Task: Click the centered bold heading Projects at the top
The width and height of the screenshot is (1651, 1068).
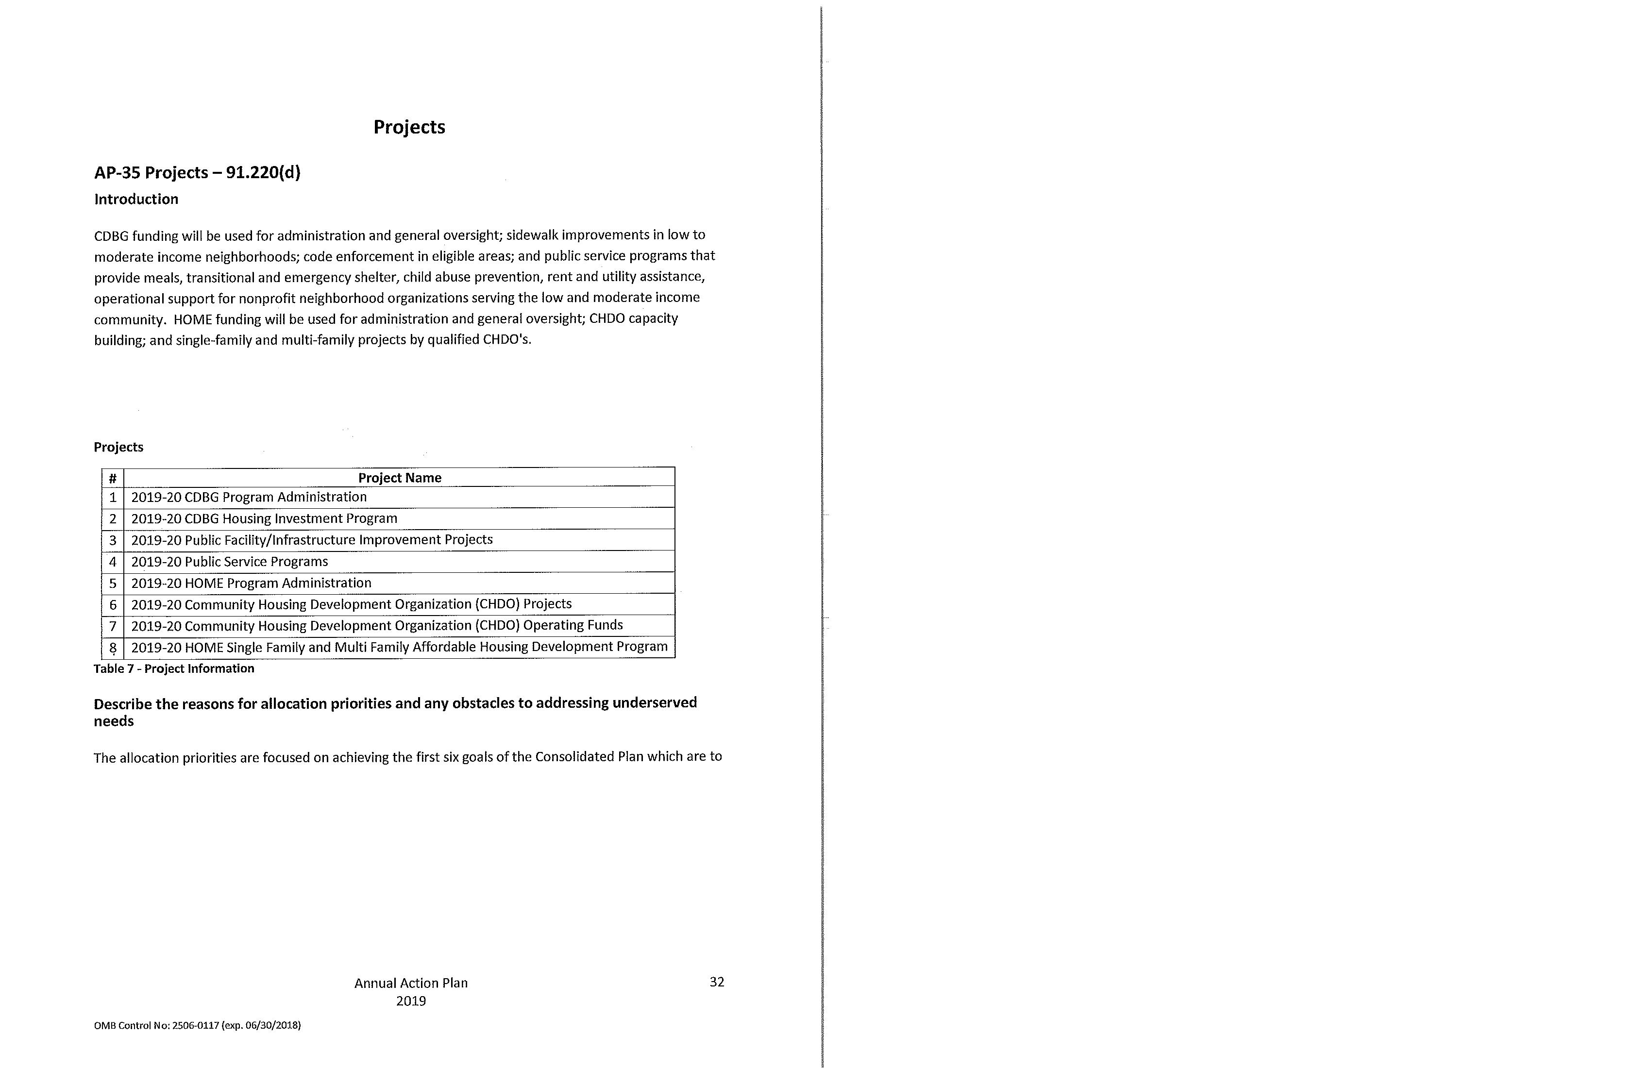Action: click(409, 127)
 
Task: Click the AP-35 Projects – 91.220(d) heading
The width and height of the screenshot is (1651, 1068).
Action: click(197, 172)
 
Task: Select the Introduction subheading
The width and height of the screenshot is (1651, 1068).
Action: click(136, 199)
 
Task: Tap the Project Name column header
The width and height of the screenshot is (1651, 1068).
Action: click(400, 477)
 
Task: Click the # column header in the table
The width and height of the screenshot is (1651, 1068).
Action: click(112, 477)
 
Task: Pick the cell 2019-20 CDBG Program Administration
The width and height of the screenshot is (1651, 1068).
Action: click(248, 497)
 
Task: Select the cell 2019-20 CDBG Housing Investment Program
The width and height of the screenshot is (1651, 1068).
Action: click(264, 518)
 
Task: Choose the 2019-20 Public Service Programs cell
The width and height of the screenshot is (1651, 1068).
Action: click(229, 561)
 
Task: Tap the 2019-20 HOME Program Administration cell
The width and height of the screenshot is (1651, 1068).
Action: click(251, 583)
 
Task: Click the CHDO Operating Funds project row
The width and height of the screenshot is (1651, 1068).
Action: click(377, 625)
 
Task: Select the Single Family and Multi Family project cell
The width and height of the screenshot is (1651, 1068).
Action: click(399, 646)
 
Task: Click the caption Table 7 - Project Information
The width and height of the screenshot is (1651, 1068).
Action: click(173, 668)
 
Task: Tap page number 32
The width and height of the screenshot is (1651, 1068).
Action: click(717, 981)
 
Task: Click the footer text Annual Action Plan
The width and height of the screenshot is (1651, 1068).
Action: click(411, 983)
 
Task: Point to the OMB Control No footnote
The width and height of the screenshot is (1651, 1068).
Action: click(197, 1025)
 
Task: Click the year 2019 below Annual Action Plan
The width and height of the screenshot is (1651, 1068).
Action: click(411, 1001)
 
